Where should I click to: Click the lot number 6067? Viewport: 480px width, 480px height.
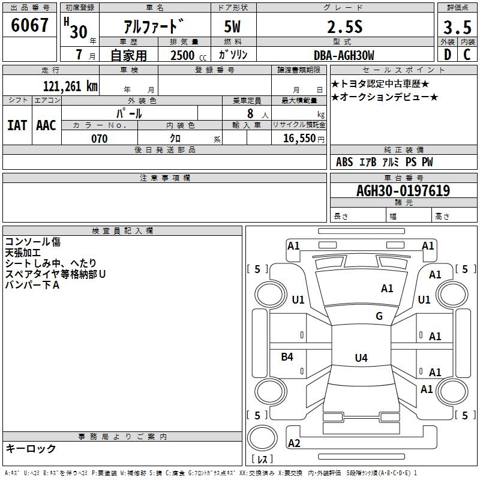tap(29, 25)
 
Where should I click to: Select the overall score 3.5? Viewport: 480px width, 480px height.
tap(457, 27)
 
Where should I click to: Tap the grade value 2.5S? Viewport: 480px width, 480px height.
tap(345, 27)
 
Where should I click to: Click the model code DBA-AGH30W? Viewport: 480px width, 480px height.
tap(344, 55)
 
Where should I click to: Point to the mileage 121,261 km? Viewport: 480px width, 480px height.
tap(70, 86)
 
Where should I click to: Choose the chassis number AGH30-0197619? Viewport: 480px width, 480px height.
tap(403, 191)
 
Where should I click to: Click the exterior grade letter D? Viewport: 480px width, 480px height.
tap(448, 55)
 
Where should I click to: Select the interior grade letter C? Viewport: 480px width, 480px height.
tap(467, 55)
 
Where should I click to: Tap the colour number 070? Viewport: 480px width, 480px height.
tap(100, 139)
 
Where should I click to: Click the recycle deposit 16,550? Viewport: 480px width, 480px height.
tap(299, 139)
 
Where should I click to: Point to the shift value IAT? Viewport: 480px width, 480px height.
tap(17, 125)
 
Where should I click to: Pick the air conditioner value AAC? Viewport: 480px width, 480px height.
tap(46, 125)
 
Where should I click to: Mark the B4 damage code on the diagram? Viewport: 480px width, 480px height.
tap(287, 357)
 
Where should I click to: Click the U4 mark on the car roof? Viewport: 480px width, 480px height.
tap(361, 358)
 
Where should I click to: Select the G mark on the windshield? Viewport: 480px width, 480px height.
tap(379, 316)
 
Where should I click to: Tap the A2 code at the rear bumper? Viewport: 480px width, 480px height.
tap(294, 443)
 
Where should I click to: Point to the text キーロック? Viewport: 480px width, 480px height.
tap(31, 449)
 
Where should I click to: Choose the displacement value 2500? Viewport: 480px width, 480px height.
tap(182, 55)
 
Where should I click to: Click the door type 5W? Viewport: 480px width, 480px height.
tap(232, 27)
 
